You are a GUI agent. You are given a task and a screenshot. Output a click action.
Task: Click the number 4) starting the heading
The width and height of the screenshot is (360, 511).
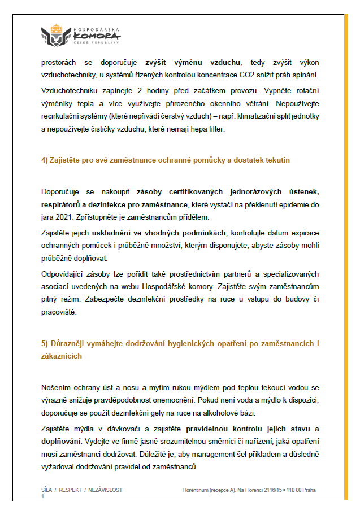(x=45, y=160)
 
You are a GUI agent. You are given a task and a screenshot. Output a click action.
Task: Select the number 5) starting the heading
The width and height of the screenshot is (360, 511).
(x=45, y=343)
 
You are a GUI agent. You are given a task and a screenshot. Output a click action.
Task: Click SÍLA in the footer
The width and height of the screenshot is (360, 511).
(x=47, y=490)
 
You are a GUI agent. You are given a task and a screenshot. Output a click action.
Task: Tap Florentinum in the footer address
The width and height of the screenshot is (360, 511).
(x=197, y=490)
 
